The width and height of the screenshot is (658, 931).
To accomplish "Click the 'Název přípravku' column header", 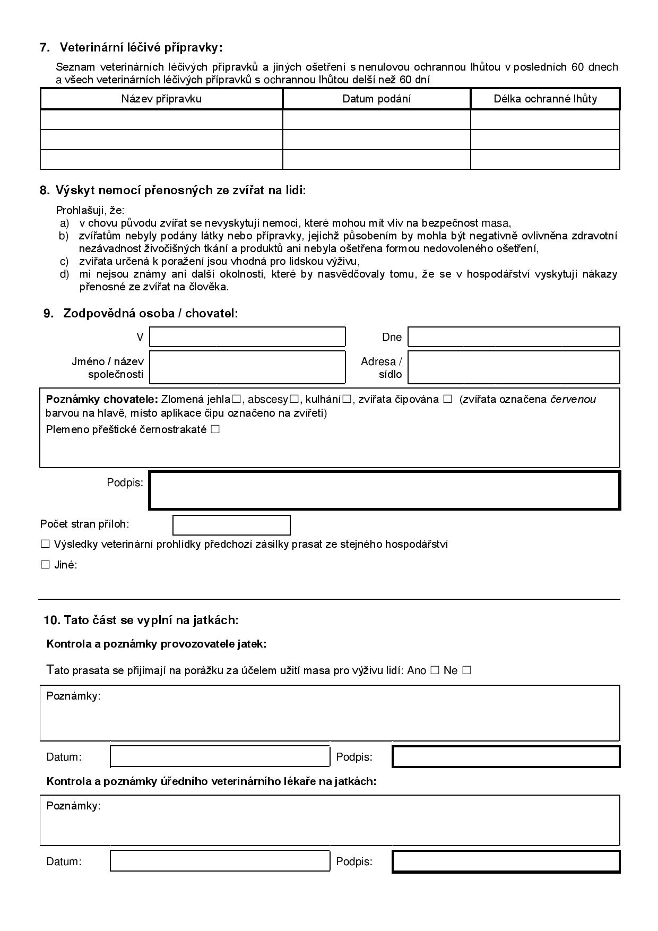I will coord(161,99).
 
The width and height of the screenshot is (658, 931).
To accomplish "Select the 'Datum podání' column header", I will coord(376,99).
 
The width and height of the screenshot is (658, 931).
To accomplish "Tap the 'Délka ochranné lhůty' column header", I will coord(545,99).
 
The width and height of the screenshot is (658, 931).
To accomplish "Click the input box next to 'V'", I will coord(247,337).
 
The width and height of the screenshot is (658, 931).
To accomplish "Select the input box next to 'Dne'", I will coord(514,337).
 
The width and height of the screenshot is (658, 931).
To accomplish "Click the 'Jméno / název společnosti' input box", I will coord(247,367).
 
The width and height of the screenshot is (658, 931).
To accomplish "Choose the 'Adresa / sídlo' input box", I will coord(514,367).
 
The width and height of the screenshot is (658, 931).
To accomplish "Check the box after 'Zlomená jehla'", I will coord(237,399).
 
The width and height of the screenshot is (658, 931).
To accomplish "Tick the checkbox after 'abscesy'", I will coord(295,399).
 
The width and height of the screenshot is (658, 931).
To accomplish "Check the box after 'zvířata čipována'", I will coord(447,399).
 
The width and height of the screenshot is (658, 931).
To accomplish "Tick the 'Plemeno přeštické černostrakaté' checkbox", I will coord(215,429).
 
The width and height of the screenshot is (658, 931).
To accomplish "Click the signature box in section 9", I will coord(384,490).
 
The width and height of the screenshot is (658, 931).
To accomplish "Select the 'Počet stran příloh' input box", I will coord(231,524).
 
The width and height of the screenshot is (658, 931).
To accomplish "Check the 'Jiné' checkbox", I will coord(45,565).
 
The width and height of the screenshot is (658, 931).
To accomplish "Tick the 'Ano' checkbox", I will coord(435,670).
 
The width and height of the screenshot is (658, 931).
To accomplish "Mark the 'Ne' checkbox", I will coord(466,670).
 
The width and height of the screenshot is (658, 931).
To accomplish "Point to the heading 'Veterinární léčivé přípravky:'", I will coord(141,48).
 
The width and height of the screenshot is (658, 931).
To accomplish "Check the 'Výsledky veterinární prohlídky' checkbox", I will coord(45,544).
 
